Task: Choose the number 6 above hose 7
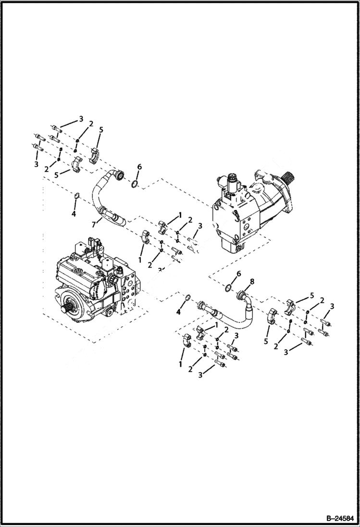point(139,166)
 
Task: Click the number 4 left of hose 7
point(74,214)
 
